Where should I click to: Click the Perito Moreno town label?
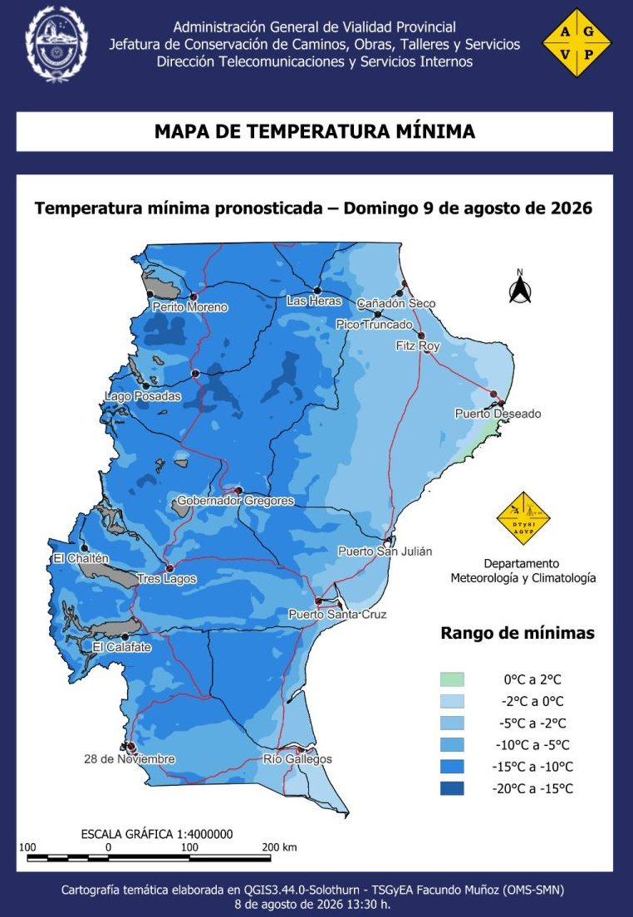click(x=189, y=307)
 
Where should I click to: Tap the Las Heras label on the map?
click(x=313, y=301)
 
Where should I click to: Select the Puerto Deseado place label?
click(x=498, y=414)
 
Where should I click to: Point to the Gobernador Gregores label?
click(x=235, y=501)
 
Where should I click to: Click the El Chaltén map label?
click(x=81, y=558)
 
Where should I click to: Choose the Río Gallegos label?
click(x=297, y=759)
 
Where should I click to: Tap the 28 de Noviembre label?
click(x=130, y=759)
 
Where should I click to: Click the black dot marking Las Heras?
click(x=317, y=290)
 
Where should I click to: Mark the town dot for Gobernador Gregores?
click(x=238, y=490)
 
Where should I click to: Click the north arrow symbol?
click(x=519, y=287)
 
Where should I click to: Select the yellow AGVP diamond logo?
click(x=577, y=42)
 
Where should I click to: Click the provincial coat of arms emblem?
click(x=56, y=44)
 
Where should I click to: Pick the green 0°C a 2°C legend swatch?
click(x=452, y=679)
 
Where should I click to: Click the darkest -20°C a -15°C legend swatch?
click(x=452, y=788)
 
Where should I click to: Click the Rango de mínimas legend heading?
click(x=518, y=633)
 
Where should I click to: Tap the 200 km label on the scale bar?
click(x=280, y=847)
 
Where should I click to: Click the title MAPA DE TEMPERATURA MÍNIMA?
click(x=315, y=131)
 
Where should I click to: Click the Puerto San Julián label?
click(x=385, y=551)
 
